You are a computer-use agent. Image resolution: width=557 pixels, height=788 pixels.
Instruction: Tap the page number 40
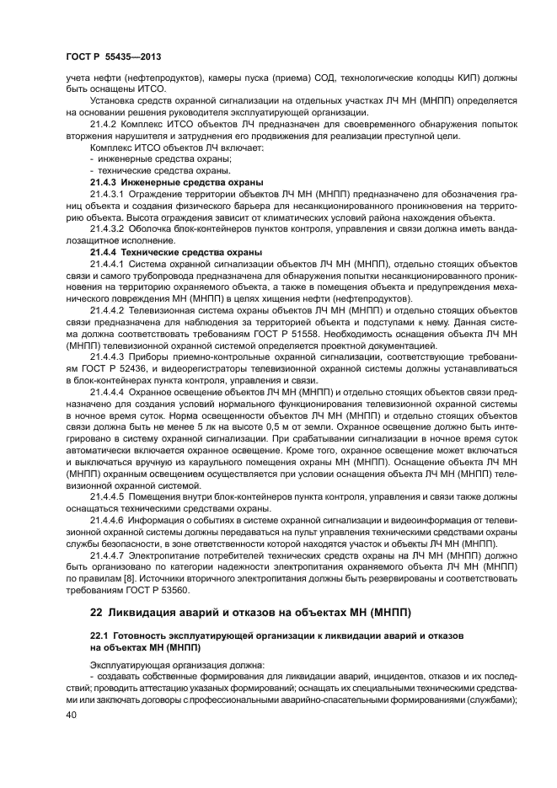[72, 714]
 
